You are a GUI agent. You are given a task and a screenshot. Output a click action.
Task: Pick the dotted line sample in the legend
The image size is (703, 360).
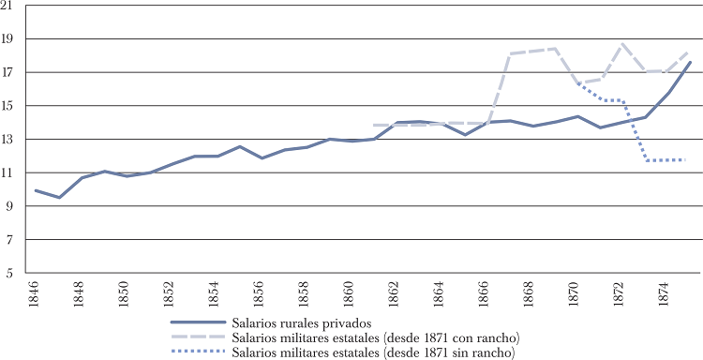(202, 352)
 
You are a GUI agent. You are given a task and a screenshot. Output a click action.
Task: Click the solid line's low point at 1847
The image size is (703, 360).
(59, 198)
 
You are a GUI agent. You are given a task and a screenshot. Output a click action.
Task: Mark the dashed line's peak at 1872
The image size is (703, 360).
(621, 44)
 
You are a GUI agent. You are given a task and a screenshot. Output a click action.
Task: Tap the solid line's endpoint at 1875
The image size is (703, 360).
(688, 62)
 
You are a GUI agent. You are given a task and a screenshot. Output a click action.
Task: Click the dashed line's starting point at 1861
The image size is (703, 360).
(374, 125)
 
